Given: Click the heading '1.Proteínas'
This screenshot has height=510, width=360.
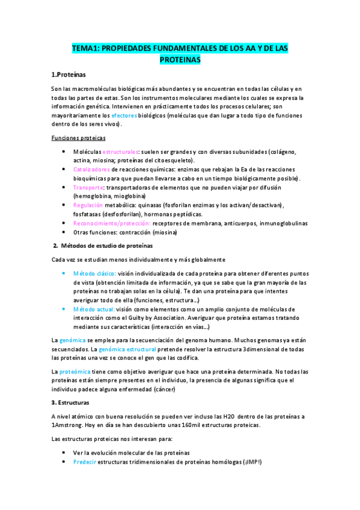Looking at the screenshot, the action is pos(69,75).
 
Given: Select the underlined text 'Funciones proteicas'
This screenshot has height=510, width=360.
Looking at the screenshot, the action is pos(78,138).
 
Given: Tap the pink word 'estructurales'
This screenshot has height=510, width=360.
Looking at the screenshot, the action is pos(120,152).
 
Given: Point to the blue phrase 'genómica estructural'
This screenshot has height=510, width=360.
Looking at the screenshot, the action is pos(128,349).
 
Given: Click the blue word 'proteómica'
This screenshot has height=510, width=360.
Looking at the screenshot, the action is pos(75,371).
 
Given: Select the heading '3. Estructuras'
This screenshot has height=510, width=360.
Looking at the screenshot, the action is pos(70,402).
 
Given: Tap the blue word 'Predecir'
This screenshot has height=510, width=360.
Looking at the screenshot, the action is pos(84,462).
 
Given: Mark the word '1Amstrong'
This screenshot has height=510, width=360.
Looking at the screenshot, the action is pos(67,425).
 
